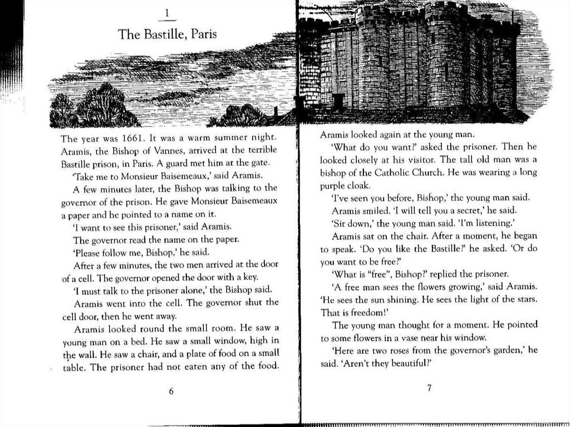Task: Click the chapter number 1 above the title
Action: coord(168,13)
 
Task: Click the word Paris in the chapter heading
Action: coord(204,35)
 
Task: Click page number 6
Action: coord(171,391)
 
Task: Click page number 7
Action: coord(429,388)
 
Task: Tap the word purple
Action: coord(333,185)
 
